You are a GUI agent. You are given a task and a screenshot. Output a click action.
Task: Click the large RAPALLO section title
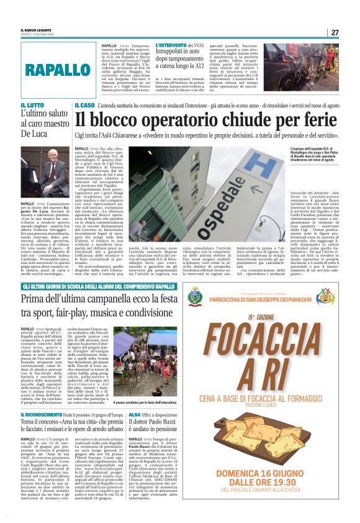coord(56,70)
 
